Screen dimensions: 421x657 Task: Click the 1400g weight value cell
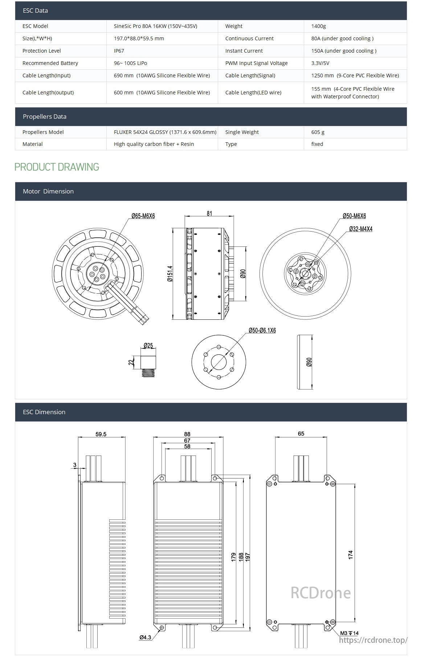coord(319,26)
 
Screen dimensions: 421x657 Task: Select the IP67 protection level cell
coord(119,51)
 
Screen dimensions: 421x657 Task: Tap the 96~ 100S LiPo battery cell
coord(131,63)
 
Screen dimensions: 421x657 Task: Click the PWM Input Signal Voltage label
coord(256,63)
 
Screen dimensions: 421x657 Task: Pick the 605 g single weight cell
coord(318,132)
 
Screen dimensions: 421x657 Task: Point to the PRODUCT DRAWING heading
coord(57,167)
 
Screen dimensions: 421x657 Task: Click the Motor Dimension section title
coord(48,191)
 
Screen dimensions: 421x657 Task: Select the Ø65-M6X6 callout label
coord(143,216)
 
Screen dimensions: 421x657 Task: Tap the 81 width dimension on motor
coord(209,213)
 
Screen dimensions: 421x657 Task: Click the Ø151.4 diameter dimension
coord(170,274)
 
